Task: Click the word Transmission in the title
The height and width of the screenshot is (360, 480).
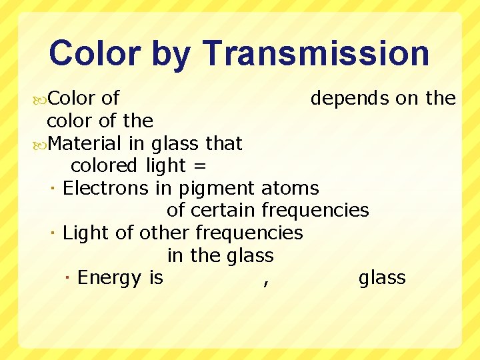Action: (316, 53)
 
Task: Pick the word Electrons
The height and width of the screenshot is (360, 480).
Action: (105, 189)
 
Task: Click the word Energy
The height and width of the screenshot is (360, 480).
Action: (109, 278)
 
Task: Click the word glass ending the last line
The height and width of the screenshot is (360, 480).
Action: (382, 278)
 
